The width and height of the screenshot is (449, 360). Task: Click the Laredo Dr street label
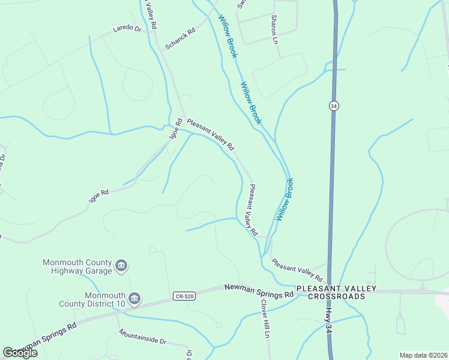tap(127, 29)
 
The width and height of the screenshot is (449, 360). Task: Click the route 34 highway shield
tap(334, 106)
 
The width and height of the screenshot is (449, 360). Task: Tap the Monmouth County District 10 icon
tap(134, 299)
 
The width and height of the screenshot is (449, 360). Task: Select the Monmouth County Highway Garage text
tap(77, 267)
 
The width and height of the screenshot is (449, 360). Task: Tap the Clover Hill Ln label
tap(265, 318)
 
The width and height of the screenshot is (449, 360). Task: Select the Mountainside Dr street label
tap(142, 337)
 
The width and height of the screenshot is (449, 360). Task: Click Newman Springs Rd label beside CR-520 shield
tap(259, 291)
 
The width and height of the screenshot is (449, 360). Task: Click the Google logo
tap(20, 353)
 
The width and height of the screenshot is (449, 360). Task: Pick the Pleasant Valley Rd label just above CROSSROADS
tap(297, 271)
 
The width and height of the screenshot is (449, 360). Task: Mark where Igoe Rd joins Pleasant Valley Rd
tap(183, 117)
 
